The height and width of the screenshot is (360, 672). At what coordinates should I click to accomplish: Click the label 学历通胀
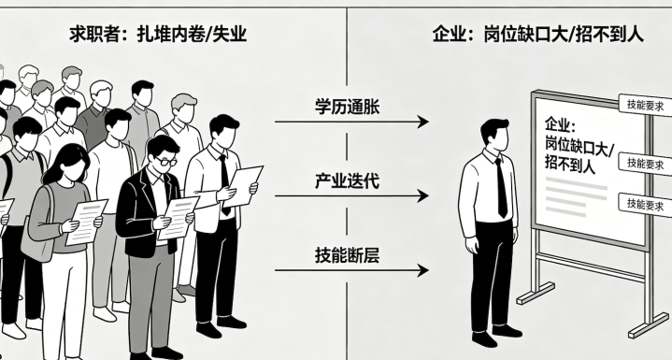click(347, 107)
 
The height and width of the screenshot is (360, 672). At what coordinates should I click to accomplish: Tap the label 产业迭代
click(347, 180)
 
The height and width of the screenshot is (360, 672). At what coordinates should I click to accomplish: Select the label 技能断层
click(347, 255)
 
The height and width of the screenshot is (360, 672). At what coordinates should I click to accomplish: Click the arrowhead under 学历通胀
click(422, 122)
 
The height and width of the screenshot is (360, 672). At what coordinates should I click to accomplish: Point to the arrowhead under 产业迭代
click(422, 195)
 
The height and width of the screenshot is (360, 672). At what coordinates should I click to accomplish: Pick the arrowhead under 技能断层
click(422, 270)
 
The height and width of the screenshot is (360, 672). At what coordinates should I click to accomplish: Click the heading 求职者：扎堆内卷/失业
click(158, 34)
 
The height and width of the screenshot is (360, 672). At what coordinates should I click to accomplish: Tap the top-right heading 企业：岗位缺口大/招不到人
click(537, 34)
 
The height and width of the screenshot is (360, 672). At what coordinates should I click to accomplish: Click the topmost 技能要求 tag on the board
click(645, 105)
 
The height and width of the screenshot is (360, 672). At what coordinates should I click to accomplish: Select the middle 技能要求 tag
click(645, 164)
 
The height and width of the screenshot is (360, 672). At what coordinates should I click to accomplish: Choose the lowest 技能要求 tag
click(645, 204)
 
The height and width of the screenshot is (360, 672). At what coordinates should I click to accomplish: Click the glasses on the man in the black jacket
click(166, 161)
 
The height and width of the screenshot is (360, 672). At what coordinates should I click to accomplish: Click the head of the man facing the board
click(494, 134)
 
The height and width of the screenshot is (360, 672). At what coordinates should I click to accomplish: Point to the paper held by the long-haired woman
click(86, 222)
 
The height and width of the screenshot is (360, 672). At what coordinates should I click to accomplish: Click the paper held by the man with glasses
click(178, 217)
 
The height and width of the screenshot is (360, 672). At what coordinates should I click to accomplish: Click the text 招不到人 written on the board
click(570, 164)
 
